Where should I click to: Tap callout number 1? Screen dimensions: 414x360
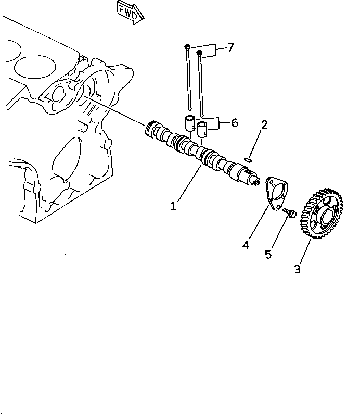point(173,206)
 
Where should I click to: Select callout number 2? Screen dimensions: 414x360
point(264,125)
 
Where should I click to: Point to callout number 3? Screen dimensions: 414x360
point(297,269)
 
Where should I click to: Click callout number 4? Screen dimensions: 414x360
point(245,244)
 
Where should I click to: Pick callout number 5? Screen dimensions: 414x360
point(268,254)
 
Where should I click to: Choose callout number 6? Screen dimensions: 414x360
point(234,123)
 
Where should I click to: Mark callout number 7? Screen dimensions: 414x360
point(230,48)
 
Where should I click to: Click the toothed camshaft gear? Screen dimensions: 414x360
point(322,215)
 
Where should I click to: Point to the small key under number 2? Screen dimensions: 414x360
point(248,159)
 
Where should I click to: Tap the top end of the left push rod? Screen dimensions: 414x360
point(186,47)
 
